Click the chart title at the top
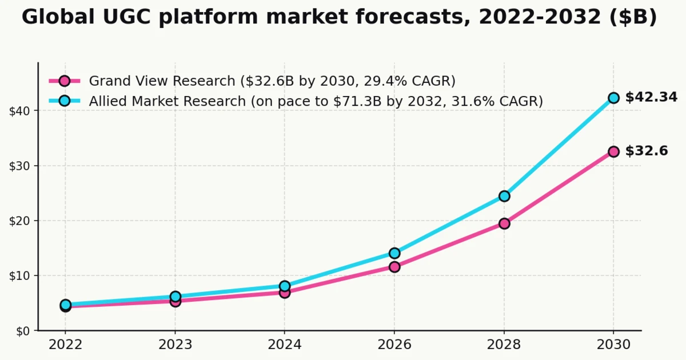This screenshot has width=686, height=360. coord(339,18)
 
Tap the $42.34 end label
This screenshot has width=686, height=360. coord(651,98)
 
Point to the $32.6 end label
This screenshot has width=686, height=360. coord(647,151)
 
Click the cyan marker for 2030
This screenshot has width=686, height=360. coord(613,98)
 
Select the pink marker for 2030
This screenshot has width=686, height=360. coord(613,151)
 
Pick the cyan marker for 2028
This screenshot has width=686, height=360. coord(504,196)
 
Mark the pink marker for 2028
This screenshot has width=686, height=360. coord(504,223)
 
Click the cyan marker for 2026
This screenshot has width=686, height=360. coord(394,253)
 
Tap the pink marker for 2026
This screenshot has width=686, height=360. coord(394,267)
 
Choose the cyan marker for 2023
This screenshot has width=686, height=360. coord(176,297)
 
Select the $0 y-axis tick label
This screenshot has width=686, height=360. coord(22,331)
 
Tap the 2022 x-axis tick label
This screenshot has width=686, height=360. coord(65,345)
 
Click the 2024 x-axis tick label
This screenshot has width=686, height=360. coord(285,345)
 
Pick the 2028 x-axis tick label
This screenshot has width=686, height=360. coord(504,345)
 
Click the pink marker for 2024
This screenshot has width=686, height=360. coord(285,293)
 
